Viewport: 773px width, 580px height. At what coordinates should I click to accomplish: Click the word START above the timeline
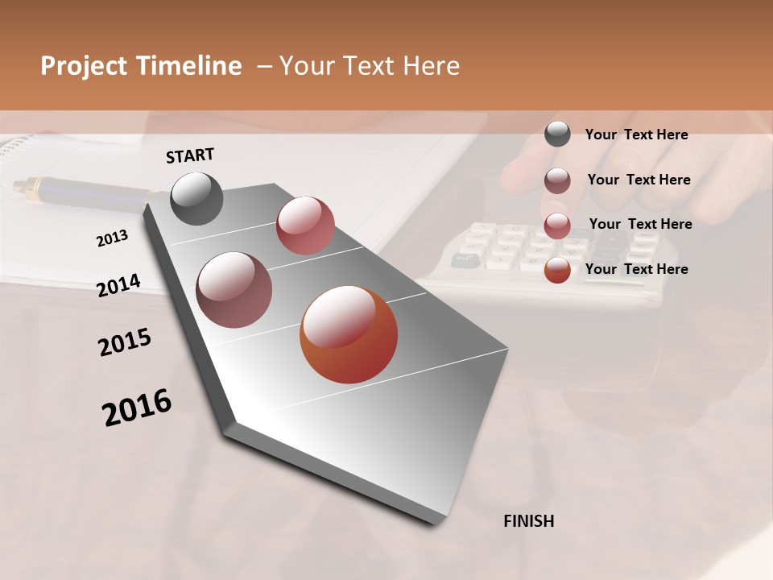click(x=190, y=155)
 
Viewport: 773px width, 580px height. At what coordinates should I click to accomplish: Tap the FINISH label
click(x=528, y=521)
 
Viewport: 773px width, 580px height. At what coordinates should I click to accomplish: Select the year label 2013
click(x=112, y=238)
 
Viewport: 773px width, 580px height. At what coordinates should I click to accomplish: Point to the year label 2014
click(x=118, y=285)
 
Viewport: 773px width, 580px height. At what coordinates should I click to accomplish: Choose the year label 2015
click(x=125, y=342)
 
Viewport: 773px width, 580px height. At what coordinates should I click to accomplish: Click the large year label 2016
click(x=137, y=408)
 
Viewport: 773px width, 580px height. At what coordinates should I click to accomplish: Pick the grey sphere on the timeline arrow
click(x=196, y=198)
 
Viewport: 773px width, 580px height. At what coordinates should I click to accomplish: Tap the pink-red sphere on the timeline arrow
click(x=305, y=226)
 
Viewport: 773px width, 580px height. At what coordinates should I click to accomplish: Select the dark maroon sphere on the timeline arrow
click(x=234, y=290)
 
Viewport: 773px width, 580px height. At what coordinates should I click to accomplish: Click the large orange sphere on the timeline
click(x=349, y=334)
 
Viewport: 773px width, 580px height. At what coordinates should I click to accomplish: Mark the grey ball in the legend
click(x=557, y=134)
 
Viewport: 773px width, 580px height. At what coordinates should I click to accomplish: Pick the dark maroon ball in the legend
click(x=557, y=180)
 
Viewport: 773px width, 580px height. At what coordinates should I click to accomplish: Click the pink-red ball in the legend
click(x=557, y=226)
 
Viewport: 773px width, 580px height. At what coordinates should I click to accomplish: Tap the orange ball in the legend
click(x=557, y=270)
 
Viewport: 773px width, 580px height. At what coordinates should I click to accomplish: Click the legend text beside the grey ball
click(x=636, y=135)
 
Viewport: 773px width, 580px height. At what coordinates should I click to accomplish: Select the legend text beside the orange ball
click(x=636, y=269)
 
